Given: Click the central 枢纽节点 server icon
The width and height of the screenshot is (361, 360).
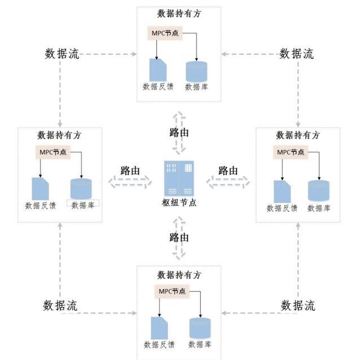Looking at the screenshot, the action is tap(179, 178).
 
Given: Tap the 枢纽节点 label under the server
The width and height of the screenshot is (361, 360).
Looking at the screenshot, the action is tap(179, 202).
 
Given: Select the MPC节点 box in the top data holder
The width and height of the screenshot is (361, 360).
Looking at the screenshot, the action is tap(165, 33).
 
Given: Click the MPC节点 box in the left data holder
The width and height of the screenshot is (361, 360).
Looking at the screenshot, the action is tap(52, 152).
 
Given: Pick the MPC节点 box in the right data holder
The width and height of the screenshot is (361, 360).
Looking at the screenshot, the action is tap(290, 152).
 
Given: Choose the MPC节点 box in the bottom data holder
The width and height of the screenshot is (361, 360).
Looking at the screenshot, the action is tap(172, 291).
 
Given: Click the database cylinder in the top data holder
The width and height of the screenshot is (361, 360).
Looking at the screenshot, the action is tap(196, 71).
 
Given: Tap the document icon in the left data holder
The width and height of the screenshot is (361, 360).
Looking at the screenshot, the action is tap(40, 189).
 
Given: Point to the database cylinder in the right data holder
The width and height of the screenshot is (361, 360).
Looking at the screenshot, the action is tap(319, 191).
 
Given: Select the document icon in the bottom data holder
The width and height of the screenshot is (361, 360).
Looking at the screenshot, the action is tap(159, 328).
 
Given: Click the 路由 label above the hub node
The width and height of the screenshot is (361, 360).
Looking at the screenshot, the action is tap(179, 132).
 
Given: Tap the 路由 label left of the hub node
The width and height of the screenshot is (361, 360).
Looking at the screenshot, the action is tap(130, 171).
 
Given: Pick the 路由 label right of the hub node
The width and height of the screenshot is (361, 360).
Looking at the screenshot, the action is tap(228, 171).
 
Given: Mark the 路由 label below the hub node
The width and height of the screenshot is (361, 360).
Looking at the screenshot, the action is tap(179, 237).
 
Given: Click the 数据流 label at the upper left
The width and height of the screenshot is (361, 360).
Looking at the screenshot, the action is tap(62, 54).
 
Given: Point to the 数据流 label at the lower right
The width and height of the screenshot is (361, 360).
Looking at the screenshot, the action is tap(298, 305).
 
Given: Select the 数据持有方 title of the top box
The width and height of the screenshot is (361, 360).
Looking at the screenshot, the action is tap(179, 14).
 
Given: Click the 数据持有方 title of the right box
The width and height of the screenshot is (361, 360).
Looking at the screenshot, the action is tap(298, 135).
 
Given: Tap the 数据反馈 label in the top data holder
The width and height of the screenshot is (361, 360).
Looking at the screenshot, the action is tap(158, 87).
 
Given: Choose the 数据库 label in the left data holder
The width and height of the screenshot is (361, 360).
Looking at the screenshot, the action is tap(83, 205).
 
